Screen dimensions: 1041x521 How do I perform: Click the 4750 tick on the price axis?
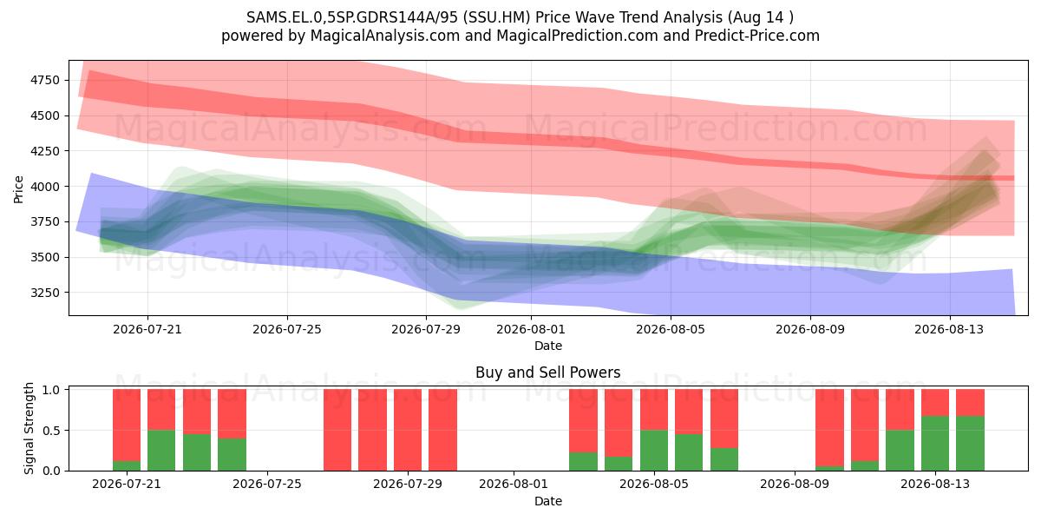45,80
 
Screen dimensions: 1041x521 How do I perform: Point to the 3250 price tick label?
45,293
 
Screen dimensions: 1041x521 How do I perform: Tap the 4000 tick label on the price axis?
45,187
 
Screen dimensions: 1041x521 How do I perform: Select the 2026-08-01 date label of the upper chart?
531,329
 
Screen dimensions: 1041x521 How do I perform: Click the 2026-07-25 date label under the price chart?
287,329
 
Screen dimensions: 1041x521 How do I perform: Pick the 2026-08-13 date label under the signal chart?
935,484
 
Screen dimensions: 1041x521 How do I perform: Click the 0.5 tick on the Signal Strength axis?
51,431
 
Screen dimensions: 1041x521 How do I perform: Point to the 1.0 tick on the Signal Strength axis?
51,390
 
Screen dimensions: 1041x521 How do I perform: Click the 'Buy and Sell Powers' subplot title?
548,373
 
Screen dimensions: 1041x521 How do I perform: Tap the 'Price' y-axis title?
18,189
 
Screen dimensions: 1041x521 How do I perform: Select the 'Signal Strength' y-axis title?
29,428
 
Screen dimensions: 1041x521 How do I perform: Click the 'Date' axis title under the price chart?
548,346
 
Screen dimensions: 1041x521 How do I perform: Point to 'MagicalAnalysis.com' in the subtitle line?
385,36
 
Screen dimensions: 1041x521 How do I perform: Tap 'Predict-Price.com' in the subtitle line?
757,36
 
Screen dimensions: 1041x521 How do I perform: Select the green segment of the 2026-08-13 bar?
935,444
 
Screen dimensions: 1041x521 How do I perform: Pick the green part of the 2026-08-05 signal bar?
654,451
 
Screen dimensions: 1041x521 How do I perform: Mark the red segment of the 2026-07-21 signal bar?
127,425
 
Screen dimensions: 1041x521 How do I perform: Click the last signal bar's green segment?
971,444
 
